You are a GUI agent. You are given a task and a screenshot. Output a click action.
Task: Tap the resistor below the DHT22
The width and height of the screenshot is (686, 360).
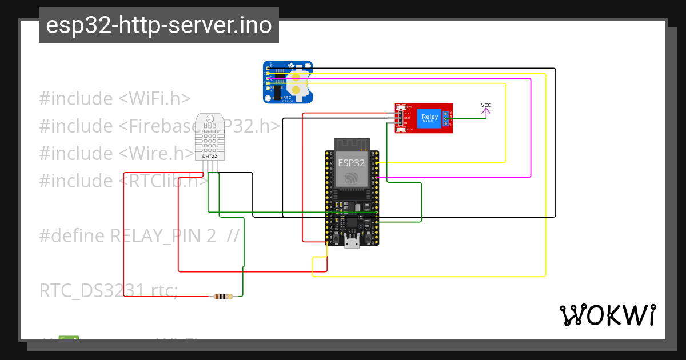pos(223,296)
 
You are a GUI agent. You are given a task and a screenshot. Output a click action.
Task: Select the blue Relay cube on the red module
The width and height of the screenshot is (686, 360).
pos(429,118)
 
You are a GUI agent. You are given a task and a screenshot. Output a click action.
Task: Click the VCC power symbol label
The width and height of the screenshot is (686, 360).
pos(486,105)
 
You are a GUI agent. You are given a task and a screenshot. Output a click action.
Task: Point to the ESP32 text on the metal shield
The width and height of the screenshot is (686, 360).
pos(351,163)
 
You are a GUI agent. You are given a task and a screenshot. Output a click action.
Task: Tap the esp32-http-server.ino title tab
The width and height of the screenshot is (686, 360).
pos(159,25)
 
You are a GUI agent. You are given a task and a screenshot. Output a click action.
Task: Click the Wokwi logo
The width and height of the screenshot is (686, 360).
pos(607,315)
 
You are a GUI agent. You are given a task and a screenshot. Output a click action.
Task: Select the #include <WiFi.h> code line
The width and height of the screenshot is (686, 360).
pos(114,98)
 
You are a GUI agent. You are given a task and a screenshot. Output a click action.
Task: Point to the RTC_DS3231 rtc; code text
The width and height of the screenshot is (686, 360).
pos(109,290)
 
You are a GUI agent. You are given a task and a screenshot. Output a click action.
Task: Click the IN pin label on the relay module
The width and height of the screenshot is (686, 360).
pos(406,123)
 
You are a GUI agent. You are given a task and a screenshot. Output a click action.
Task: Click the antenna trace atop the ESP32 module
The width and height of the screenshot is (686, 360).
pos(351,143)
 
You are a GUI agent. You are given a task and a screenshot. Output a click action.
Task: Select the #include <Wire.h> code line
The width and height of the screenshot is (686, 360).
pos(117,153)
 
